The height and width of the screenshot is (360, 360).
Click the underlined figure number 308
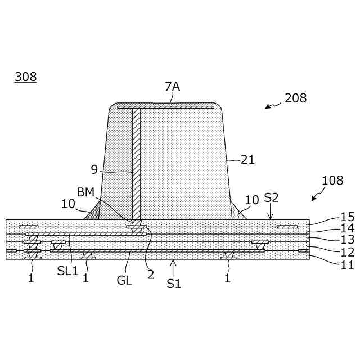click(x=25, y=77)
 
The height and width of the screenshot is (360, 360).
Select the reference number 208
click(x=296, y=98)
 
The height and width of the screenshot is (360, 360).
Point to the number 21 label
click(x=247, y=160)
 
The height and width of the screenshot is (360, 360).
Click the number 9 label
click(x=94, y=169)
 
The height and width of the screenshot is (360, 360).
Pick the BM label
click(x=85, y=192)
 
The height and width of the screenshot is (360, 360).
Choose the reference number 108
click(x=332, y=181)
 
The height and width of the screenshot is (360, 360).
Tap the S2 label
click(x=271, y=197)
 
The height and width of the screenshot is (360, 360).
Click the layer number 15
click(x=347, y=217)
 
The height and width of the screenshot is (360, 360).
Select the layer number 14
click(x=347, y=228)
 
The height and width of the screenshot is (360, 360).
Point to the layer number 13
click(x=347, y=240)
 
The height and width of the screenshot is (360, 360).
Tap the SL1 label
click(x=67, y=270)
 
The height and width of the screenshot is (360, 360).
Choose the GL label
click(x=124, y=280)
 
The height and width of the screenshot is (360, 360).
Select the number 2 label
click(x=150, y=275)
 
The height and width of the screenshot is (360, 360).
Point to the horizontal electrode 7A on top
click(x=165, y=106)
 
